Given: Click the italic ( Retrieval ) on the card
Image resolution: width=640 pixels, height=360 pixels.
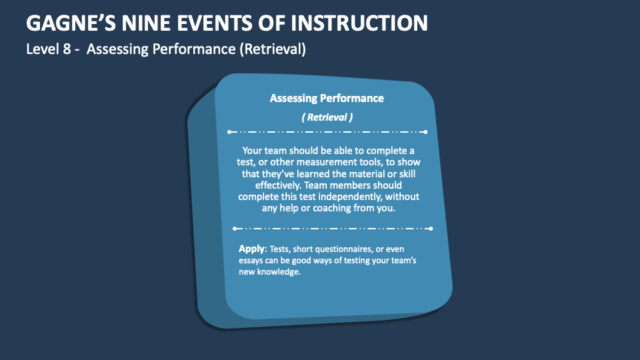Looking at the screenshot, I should pyautogui.click(x=327, y=117).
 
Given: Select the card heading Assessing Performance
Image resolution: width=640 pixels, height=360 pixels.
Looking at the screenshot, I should pyautogui.click(x=327, y=98).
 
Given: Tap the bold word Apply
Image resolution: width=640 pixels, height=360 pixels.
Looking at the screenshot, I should pyautogui.click(x=251, y=249).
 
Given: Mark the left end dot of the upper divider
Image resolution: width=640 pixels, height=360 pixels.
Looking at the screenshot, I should pyautogui.click(x=228, y=132).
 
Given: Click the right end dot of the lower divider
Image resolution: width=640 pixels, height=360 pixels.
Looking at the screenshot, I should pyautogui.click(x=431, y=229).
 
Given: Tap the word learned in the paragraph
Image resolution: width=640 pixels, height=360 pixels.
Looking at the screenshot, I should pyautogui.click(x=312, y=174).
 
